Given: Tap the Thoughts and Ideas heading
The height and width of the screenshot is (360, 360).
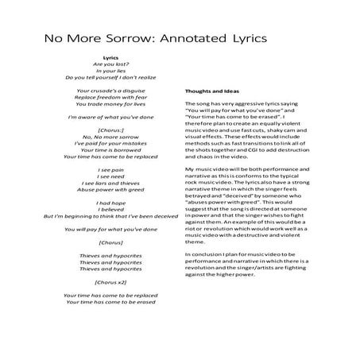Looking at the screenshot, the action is coord(211,90).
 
